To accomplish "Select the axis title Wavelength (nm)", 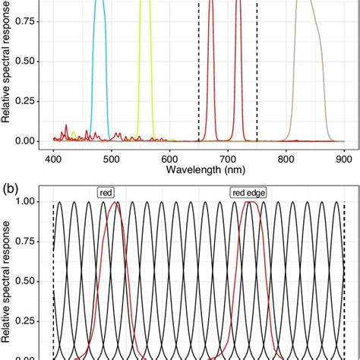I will (x=198, y=173).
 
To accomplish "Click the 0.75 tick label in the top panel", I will (x=25, y=21).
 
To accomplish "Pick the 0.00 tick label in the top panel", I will (x=25, y=141).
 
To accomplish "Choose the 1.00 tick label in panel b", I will (x=25, y=202).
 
